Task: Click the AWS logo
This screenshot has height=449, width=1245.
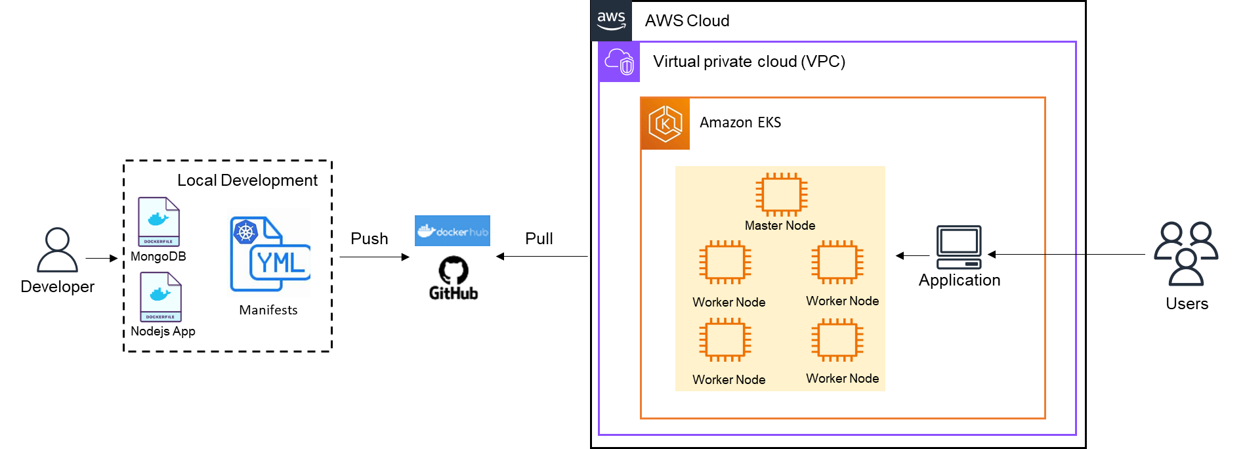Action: click(611, 20)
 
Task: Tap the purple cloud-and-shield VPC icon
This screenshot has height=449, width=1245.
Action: click(619, 62)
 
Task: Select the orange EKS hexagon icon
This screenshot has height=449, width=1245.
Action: click(665, 123)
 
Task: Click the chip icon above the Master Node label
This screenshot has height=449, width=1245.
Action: click(781, 194)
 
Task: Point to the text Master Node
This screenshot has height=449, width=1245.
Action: click(780, 226)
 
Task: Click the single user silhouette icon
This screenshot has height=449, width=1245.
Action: click(57, 249)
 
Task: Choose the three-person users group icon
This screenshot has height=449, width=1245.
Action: click(1186, 253)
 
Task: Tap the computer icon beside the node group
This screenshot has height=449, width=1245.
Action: click(959, 247)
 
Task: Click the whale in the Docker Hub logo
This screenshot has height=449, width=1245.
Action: click(426, 231)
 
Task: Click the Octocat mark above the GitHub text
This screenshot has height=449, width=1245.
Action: click(453, 270)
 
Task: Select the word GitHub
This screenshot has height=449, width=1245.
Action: click(453, 293)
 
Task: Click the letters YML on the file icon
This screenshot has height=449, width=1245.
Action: click(281, 263)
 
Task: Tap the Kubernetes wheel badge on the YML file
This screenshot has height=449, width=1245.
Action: click(245, 231)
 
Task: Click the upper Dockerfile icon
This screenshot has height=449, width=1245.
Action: click(159, 221)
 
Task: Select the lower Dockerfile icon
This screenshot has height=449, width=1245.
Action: click(161, 297)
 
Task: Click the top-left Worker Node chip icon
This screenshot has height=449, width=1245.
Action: click(725, 262)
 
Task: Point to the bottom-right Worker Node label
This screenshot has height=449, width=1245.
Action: click(842, 379)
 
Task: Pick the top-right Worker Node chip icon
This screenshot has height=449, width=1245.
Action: click(837, 262)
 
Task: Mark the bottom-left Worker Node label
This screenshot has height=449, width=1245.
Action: click(728, 380)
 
